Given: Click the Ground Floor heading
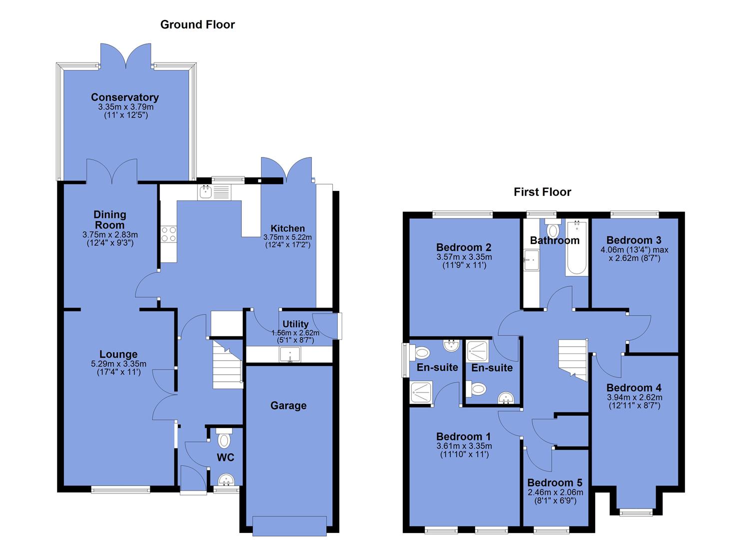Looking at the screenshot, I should coord(197,24).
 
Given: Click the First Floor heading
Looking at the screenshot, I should coord(542,192).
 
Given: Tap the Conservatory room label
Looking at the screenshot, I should coord(125,97).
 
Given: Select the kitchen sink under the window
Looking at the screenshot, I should coord(214,192).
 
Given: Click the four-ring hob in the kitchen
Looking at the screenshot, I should coord(168,234).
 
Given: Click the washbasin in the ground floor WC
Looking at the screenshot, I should coord(226,480).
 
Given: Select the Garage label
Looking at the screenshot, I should coord(288,405).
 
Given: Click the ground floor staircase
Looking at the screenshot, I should coord(227,362).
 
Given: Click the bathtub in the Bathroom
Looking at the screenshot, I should coord(577,248).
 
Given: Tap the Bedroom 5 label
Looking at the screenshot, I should coord(555,482).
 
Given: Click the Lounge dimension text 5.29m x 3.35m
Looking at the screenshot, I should coord(119,364).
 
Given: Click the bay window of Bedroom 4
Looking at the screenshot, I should coord(636,511).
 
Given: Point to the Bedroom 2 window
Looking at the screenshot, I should coord(462,214).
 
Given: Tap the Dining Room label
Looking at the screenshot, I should coord(110,219).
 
